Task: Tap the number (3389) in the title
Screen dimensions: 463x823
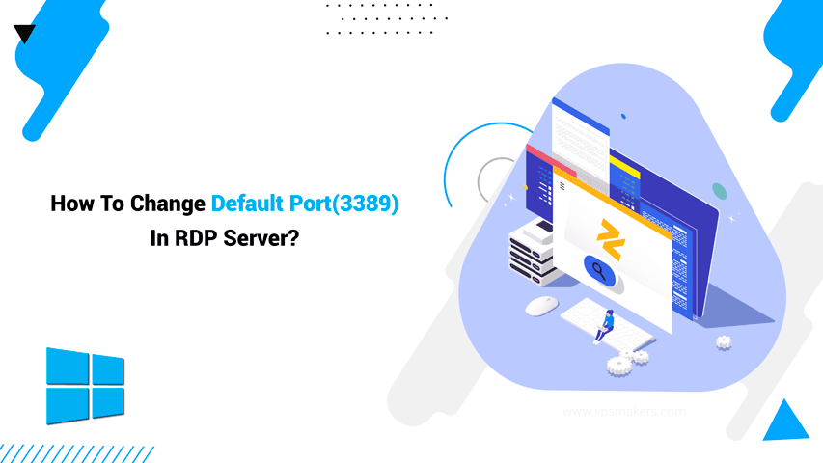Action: [364, 204]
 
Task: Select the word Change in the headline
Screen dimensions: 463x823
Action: [171, 204]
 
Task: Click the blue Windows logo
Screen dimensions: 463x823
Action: [85, 384]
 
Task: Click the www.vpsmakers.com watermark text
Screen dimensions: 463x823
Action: [623, 412]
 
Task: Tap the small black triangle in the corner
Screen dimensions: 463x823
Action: [24, 35]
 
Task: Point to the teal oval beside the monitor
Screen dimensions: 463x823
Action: [719, 190]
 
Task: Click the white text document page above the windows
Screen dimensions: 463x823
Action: [580, 135]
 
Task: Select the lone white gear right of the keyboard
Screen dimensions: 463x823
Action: [724, 342]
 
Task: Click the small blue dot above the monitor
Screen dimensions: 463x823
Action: [623, 116]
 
